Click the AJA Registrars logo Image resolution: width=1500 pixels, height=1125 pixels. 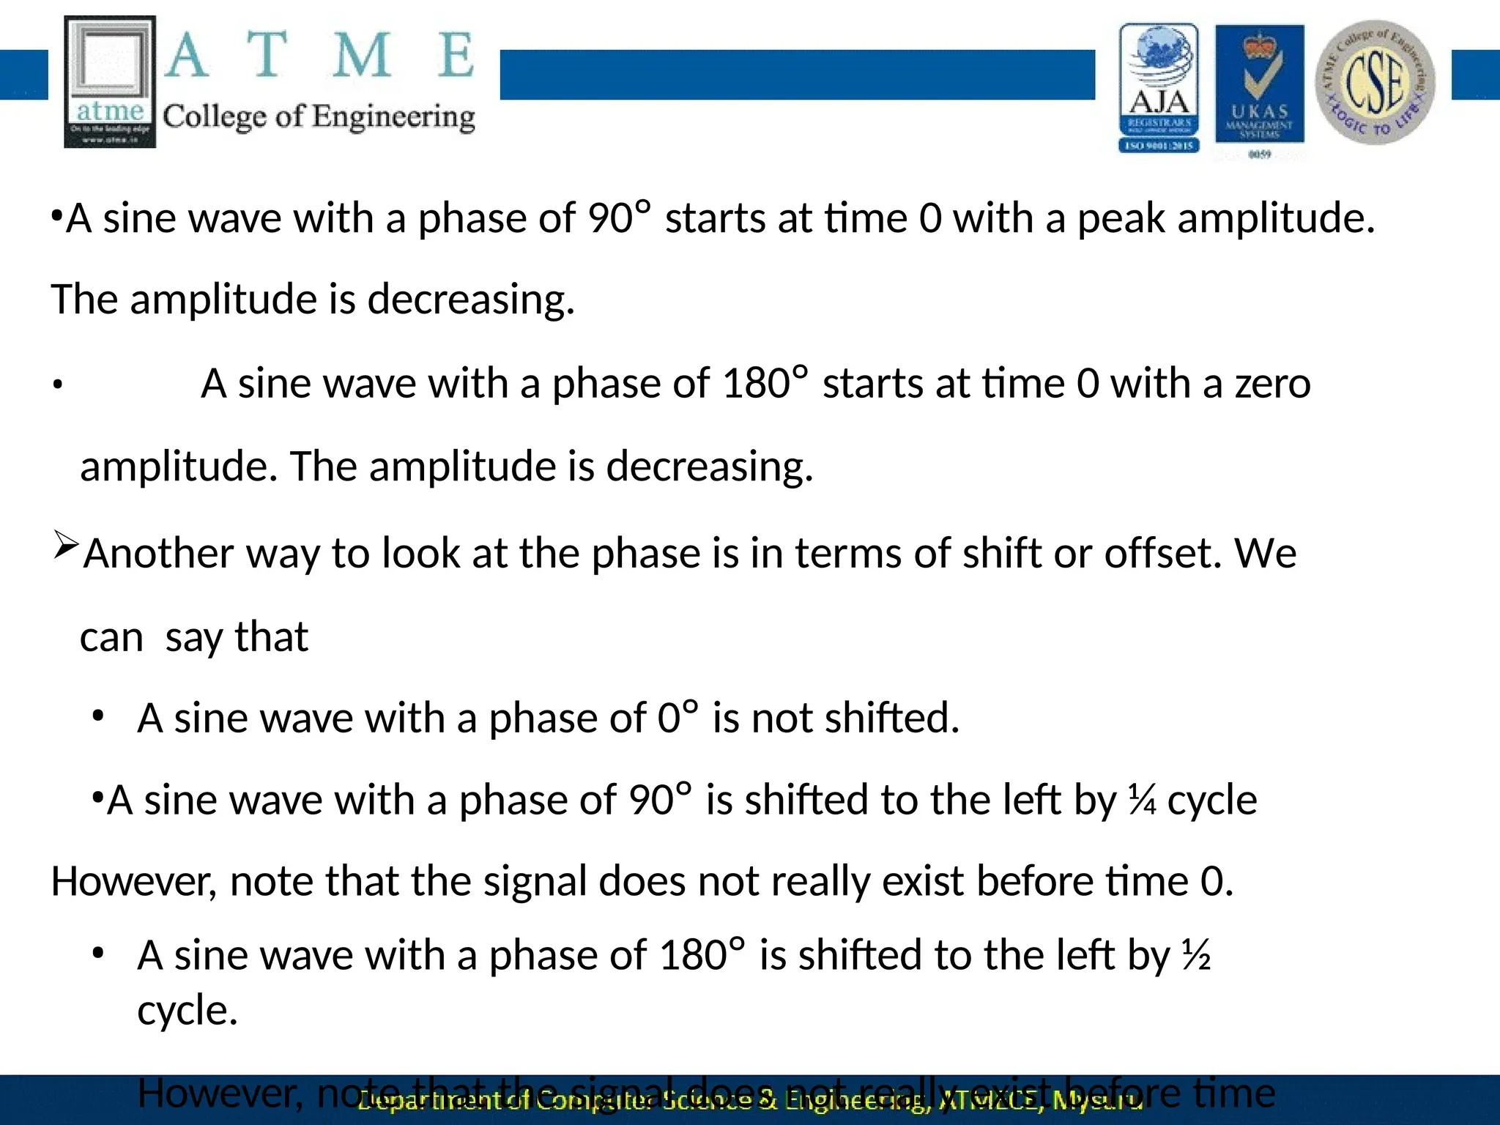click(x=1159, y=88)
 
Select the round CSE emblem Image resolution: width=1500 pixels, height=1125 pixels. click(x=1375, y=82)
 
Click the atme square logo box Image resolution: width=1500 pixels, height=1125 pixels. click(x=110, y=82)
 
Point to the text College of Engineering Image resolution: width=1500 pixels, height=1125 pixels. click(x=319, y=117)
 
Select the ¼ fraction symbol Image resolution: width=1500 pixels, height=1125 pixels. click(x=1142, y=800)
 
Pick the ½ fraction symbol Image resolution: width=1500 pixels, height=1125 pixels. click(x=1196, y=956)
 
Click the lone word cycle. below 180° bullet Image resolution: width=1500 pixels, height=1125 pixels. click(x=187, y=1011)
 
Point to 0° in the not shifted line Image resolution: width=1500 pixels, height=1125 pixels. click(x=677, y=718)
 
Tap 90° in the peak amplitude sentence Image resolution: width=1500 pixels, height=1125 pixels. click(x=619, y=218)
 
